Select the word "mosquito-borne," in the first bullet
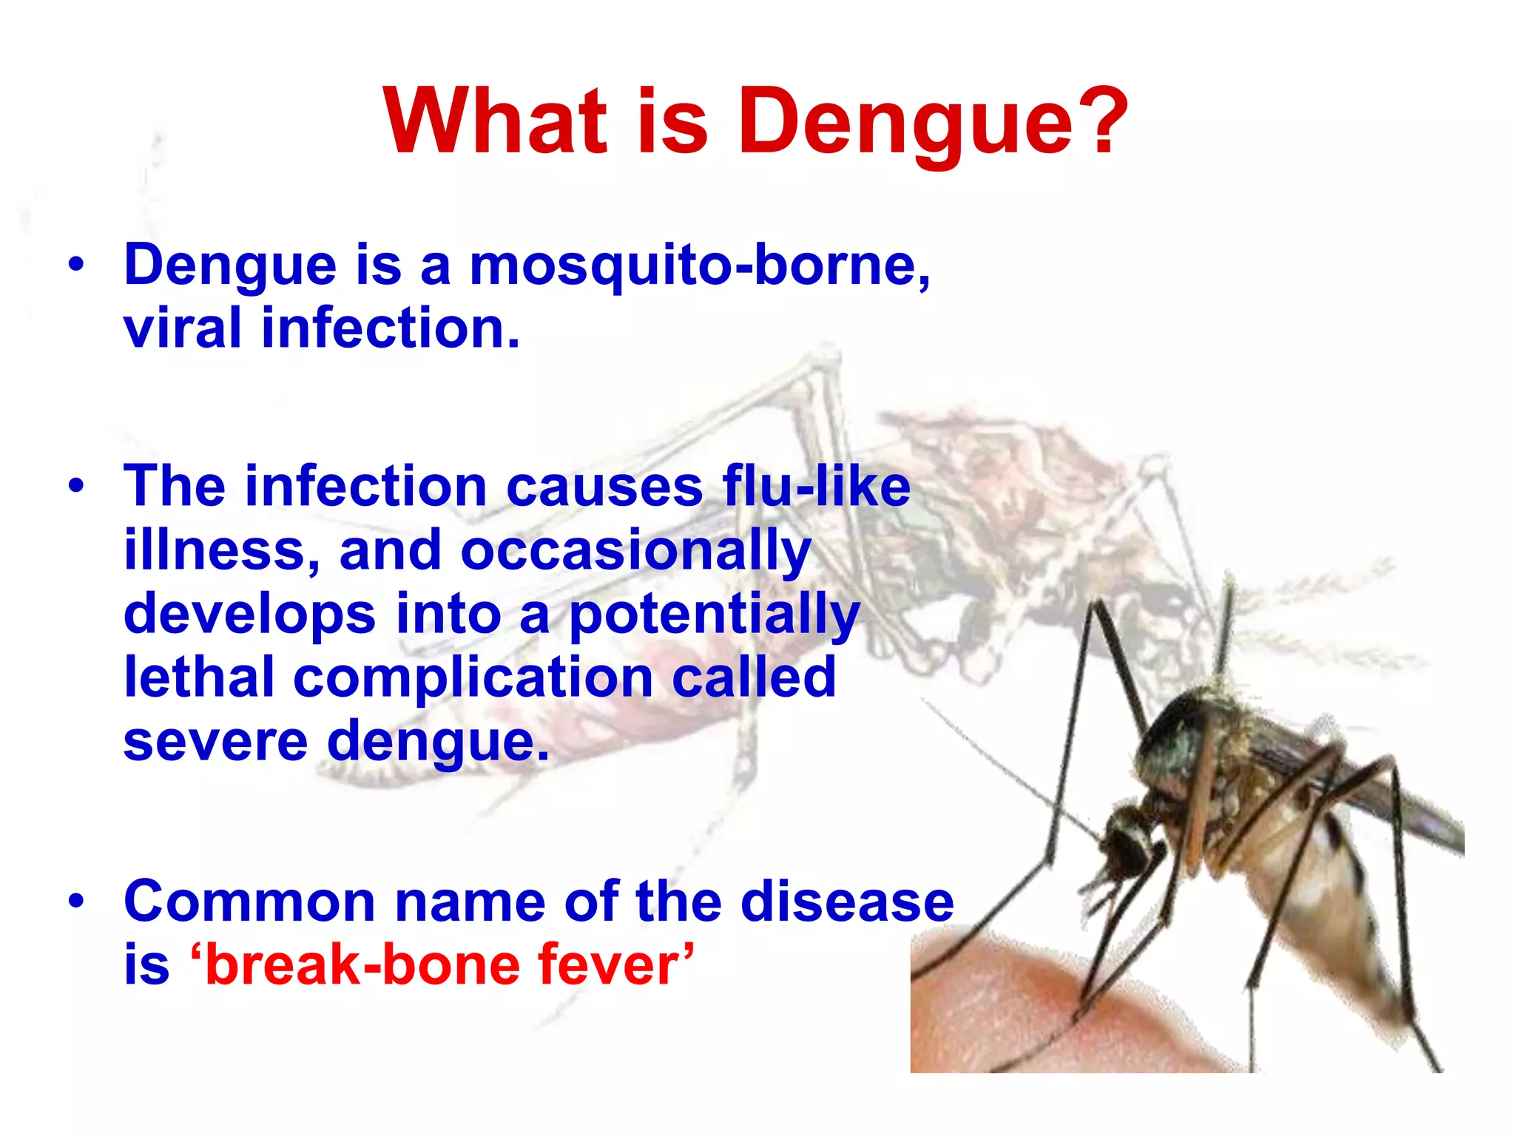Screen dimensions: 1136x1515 point(700,266)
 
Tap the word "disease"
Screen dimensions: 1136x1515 point(847,902)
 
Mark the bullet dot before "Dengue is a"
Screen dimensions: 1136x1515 point(76,264)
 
